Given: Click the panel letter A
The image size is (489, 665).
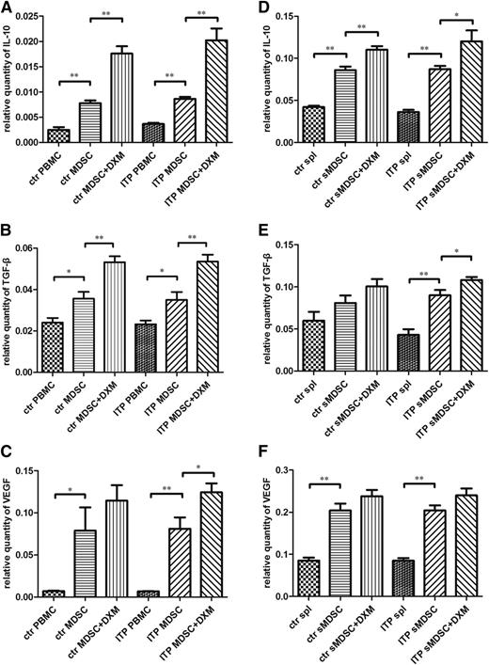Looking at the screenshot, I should [8, 8].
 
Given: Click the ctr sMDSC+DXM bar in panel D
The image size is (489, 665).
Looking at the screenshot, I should [352, 108].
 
